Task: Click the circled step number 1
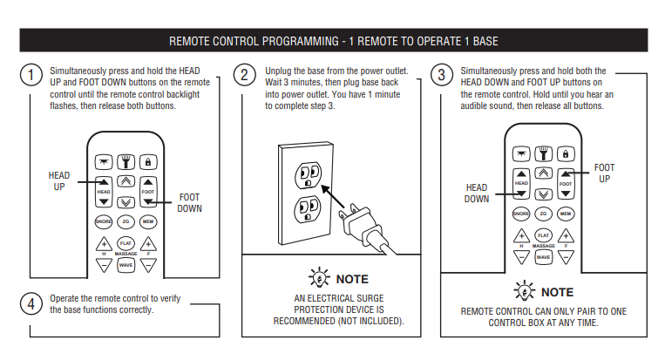[x=31, y=75]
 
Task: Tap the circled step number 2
[x=244, y=75]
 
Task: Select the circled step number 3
[x=442, y=75]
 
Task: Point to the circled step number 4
[x=31, y=303]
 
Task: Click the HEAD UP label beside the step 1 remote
[x=59, y=181]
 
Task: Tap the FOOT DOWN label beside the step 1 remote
[x=190, y=203]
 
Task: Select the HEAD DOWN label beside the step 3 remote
[x=476, y=193]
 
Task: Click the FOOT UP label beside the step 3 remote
[x=604, y=173]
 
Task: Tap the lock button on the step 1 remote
[x=148, y=162]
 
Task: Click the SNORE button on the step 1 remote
[x=103, y=221]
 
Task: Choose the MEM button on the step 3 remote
[x=566, y=214]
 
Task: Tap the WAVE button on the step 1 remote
[x=126, y=265]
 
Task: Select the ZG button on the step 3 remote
[x=543, y=214]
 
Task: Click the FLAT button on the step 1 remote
[x=126, y=243]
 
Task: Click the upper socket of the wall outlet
[x=309, y=174]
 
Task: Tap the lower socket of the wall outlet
[x=308, y=209]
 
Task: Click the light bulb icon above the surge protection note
[x=319, y=278]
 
